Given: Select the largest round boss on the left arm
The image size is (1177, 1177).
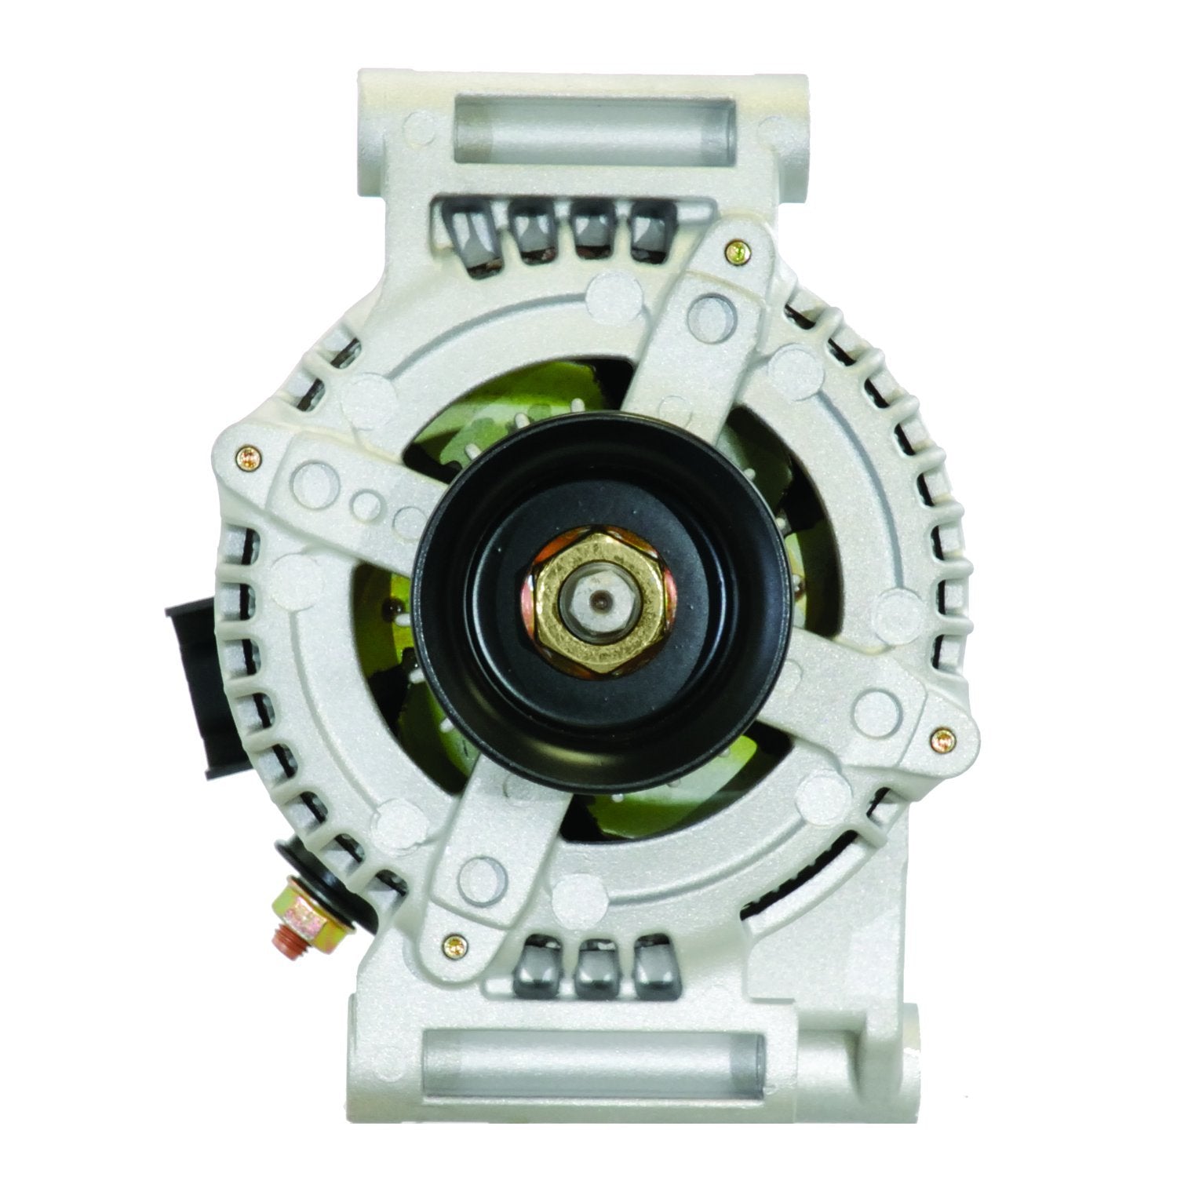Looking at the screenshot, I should (317, 477).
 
